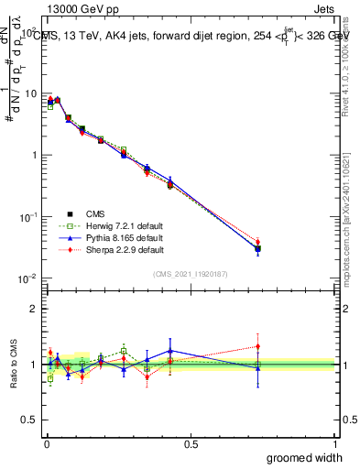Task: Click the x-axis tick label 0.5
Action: point(191,443)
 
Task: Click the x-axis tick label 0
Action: point(47,443)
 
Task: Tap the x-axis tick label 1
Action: point(334,443)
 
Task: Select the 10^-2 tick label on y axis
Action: point(27,278)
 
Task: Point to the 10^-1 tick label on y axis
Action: point(27,217)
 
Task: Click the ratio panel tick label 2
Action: point(33,309)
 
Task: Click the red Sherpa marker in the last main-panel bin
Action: point(257,243)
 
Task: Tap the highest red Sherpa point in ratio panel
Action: point(257,346)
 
